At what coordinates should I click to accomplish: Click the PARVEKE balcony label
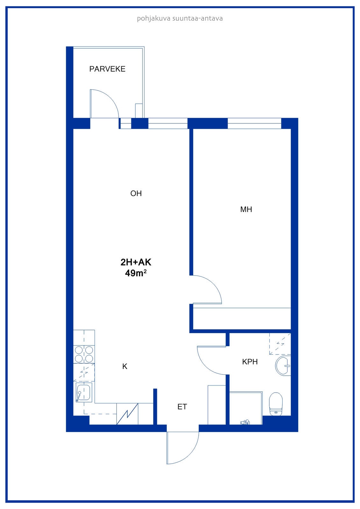pos(107,69)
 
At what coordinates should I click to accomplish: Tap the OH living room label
pos(136,193)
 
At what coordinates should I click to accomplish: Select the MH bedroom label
pos(246,209)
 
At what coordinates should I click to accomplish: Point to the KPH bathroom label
pos(250,361)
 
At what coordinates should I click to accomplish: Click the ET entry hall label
pos(182,407)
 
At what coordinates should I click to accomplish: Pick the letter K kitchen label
pos(125,366)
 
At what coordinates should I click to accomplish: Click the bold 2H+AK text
pos(136,262)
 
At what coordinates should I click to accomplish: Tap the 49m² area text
pos(136,273)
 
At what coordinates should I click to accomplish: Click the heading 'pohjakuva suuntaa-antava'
pos(180,18)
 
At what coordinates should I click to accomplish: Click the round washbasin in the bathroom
pos(283,366)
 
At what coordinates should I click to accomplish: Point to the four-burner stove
pos(84,354)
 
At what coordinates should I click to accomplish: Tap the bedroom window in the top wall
pos(254,123)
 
